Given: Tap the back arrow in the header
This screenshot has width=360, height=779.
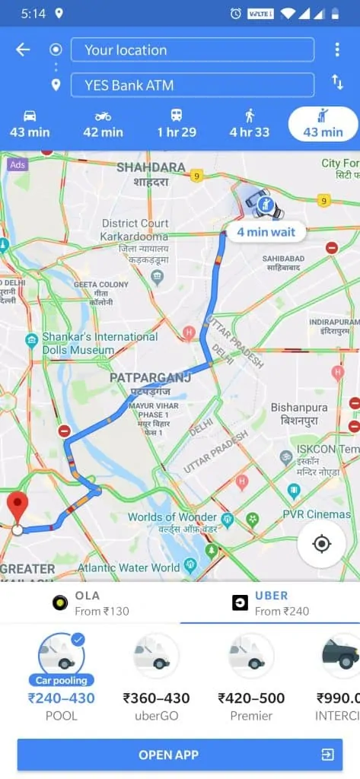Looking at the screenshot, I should point(23,50).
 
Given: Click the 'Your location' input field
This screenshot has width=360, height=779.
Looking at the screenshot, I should point(192,50).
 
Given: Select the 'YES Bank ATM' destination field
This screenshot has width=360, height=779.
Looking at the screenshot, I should point(192,85).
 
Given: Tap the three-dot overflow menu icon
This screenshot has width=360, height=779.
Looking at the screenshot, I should point(337,50).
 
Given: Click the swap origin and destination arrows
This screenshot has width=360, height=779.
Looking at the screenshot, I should point(337,82).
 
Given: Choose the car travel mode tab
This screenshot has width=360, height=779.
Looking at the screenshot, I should point(30,124).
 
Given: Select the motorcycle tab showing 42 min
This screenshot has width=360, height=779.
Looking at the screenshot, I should point(103,124).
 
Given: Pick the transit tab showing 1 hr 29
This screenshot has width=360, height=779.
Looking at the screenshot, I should point(177,124).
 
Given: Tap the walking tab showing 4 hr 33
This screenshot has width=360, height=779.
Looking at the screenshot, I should point(250,124).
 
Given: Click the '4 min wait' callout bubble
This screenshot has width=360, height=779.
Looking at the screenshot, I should point(266,232).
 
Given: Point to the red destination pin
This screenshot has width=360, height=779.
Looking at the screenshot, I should point(18,506).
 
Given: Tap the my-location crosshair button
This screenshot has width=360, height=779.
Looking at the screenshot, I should point(321,544).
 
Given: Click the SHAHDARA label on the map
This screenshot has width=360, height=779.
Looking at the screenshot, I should point(151,167).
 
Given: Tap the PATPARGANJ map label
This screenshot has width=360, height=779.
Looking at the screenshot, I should point(148,378).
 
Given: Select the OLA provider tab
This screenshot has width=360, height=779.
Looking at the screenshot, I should point(90,603).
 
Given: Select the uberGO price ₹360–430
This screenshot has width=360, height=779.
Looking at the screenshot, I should point(157,698).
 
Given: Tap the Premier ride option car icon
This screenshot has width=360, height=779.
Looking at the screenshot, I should point(251,656).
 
